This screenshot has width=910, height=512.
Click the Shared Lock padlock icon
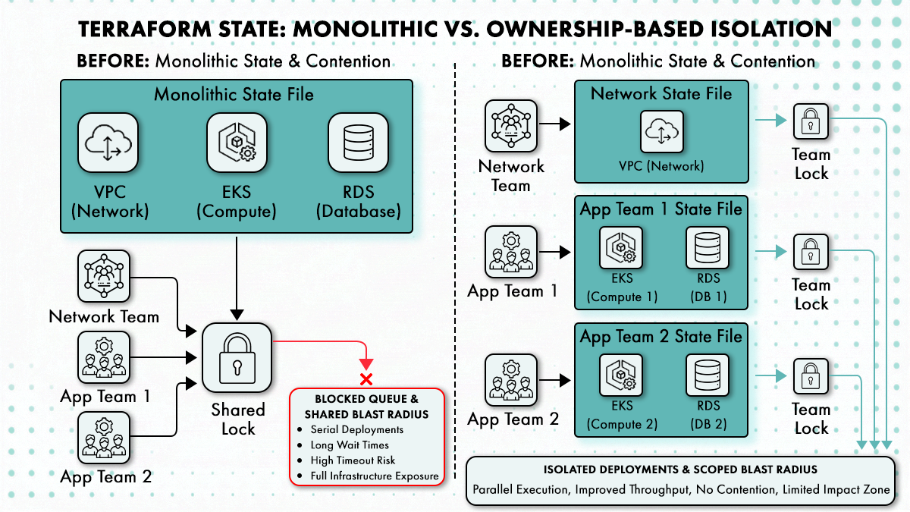pyautogui.click(x=237, y=357)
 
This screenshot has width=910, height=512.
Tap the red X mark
pyautogui.click(x=366, y=379)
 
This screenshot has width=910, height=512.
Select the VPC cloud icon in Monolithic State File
pyautogui.click(x=108, y=143)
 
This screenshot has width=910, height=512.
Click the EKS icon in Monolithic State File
pyautogui.click(x=237, y=143)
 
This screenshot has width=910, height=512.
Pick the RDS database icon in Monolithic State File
pyautogui.click(x=358, y=143)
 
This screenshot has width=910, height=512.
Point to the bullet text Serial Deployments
pyautogui.click(x=356, y=429)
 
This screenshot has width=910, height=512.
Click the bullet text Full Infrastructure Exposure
pyautogui.click(x=374, y=476)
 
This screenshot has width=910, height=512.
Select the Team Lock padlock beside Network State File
pyautogui.click(x=811, y=122)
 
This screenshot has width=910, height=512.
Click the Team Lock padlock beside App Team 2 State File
pyautogui.click(x=811, y=377)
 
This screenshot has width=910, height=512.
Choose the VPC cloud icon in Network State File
pyautogui.click(x=661, y=132)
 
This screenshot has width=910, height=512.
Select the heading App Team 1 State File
pyautogui.click(x=661, y=209)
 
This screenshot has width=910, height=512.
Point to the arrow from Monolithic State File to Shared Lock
pyautogui.click(x=238, y=278)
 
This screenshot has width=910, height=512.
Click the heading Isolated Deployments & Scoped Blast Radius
pyautogui.click(x=681, y=470)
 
